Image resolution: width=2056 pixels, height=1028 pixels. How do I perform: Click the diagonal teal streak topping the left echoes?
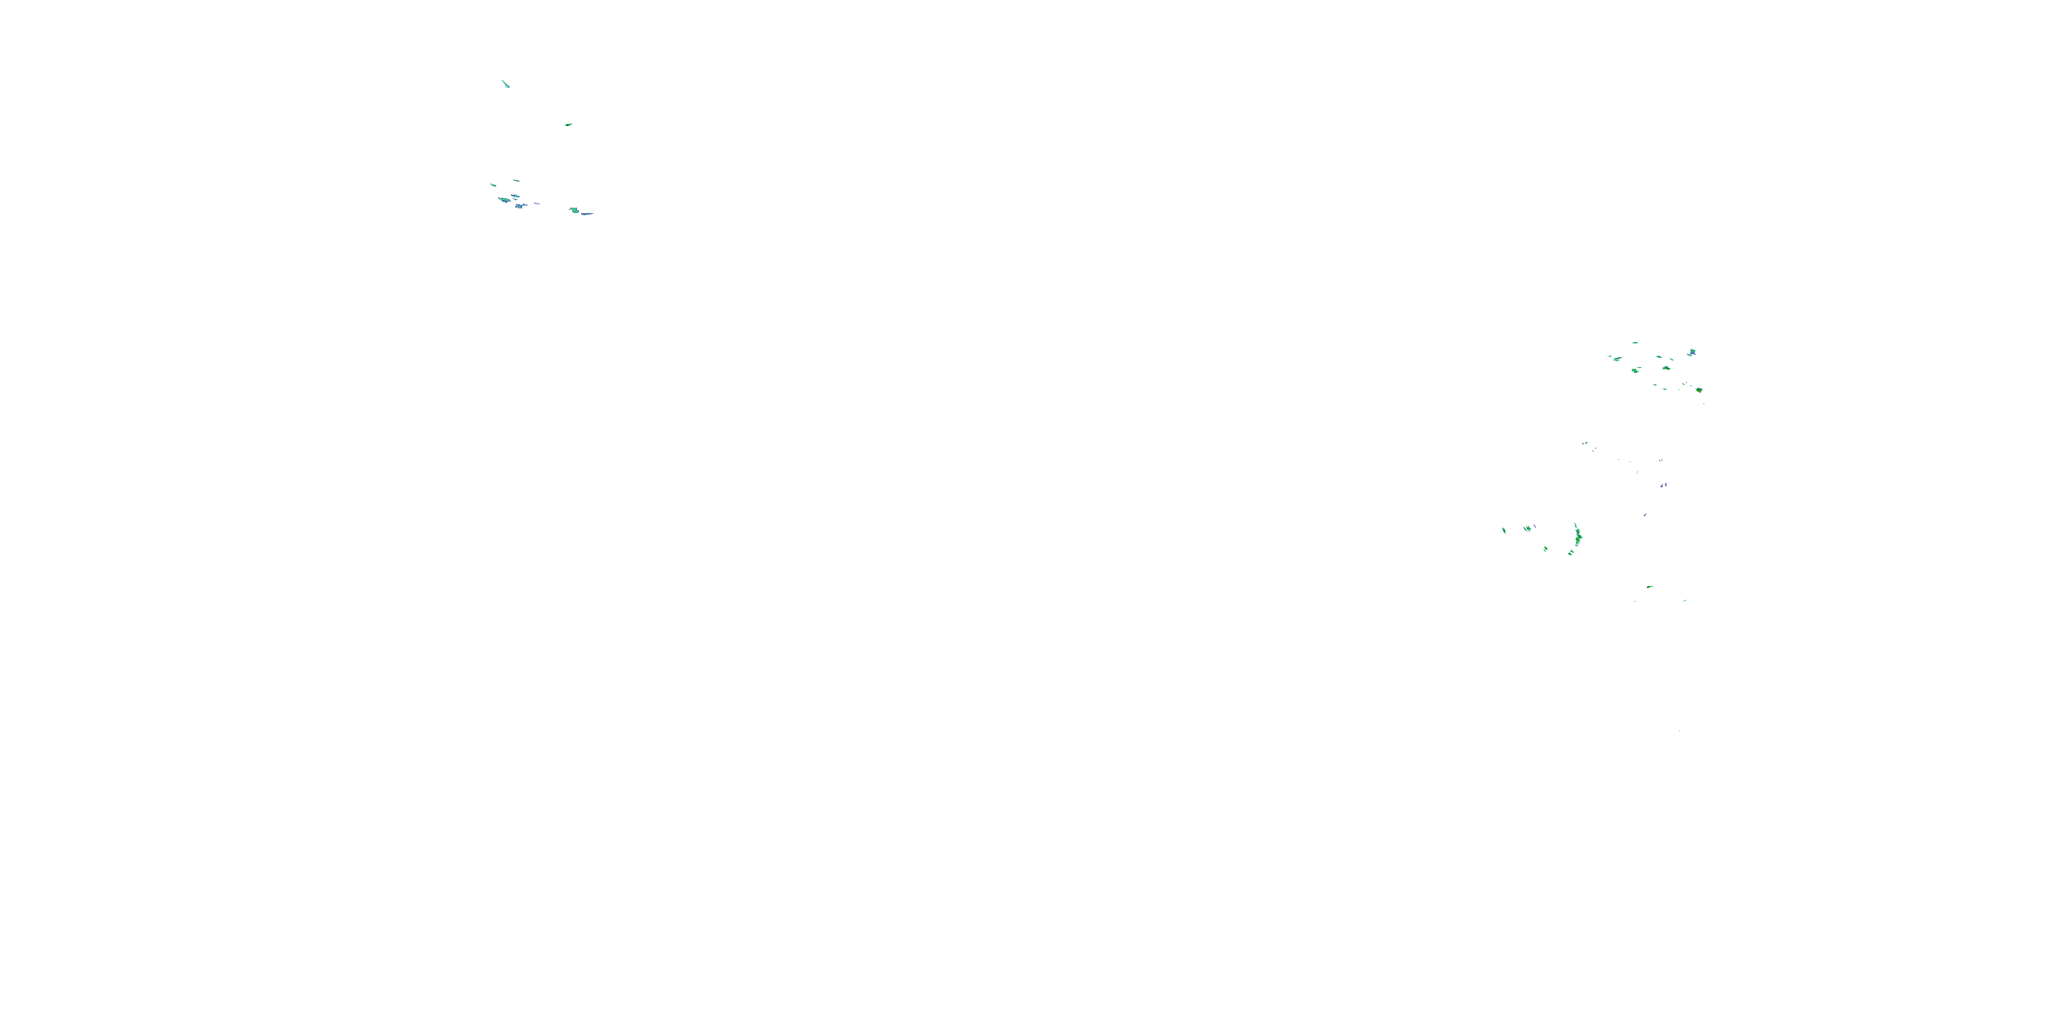[x=504, y=83]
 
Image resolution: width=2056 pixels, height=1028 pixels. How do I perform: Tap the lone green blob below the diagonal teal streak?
[x=568, y=125]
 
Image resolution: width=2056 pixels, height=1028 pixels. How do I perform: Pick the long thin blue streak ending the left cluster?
[x=587, y=213]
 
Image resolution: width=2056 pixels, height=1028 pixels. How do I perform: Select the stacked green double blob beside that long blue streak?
[x=573, y=210]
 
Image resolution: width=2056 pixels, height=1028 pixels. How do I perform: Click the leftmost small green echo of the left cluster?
[x=493, y=185]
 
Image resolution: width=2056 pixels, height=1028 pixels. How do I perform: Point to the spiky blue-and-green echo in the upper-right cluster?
[x=1692, y=352]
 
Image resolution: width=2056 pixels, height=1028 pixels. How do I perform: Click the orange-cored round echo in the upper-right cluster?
[x=1699, y=389]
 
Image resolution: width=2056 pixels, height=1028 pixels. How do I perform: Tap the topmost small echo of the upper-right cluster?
[x=1635, y=343]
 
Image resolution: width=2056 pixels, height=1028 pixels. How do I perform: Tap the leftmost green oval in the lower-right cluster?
[x=1504, y=530]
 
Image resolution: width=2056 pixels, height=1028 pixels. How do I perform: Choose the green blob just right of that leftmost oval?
[x=1528, y=528]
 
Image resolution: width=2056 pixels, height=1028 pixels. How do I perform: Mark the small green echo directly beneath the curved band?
[x=1571, y=552]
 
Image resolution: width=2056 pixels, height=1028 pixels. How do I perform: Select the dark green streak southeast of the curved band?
[x=1649, y=587]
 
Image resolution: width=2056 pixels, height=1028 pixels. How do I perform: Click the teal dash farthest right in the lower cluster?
[x=1685, y=600]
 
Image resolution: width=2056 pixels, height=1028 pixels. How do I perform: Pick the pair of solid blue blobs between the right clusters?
[x=1663, y=485]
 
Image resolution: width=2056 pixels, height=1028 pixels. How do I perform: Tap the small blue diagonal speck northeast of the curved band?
[x=1644, y=515]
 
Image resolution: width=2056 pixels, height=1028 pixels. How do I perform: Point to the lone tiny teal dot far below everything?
[x=1679, y=731]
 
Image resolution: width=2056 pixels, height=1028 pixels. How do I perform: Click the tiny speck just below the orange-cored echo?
[x=1703, y=402]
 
